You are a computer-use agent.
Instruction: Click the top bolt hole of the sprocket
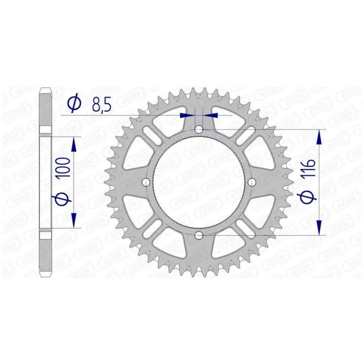199,129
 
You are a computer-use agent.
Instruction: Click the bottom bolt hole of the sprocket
199,235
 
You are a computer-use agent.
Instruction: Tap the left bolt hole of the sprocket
146,182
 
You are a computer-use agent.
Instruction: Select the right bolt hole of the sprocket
252,182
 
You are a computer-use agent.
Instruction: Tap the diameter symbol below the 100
62,197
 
